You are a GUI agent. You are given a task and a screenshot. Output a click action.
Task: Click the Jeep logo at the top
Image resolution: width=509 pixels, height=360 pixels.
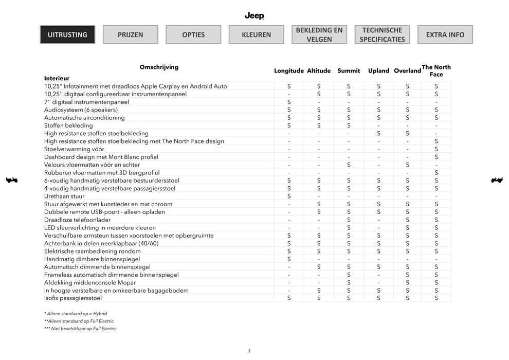coord(254,16)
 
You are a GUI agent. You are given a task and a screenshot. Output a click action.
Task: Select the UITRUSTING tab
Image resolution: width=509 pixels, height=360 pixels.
coord(67,35)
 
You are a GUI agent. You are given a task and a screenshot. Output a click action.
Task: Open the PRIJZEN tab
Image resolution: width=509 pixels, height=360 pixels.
coord(131,35)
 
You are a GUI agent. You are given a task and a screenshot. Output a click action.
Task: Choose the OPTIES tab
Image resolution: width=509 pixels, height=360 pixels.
coord(193,35)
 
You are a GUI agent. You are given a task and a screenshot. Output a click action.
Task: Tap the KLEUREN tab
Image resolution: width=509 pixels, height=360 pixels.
coord(257,35)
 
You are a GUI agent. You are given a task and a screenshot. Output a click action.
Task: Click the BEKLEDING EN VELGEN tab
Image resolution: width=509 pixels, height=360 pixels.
coord(319,34)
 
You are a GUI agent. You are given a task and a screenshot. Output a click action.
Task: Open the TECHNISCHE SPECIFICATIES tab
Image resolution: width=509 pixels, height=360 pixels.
coord(382,34)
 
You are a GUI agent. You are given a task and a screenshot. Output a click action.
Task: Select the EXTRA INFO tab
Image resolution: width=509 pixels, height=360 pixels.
coord(445,35)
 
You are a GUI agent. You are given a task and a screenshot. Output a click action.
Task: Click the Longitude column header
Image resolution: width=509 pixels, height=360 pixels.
coord(289,71)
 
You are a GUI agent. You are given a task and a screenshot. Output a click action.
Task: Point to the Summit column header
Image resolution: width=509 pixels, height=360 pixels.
coord(349,71)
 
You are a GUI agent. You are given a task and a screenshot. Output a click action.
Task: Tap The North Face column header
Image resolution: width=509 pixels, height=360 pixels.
coord(436,71)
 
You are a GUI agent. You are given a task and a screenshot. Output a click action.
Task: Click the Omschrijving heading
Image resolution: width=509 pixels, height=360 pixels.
coord(159,67)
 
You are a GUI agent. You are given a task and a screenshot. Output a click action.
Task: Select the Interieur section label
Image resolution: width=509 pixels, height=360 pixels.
coord(57,78)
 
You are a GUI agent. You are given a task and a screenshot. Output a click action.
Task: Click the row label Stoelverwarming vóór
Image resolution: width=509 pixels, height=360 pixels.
coord(74,149)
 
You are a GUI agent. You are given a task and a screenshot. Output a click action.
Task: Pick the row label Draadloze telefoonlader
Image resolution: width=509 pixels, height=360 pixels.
coord(78,220)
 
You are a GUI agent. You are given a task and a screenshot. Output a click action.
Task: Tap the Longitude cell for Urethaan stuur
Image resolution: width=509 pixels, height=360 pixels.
coord(289,196)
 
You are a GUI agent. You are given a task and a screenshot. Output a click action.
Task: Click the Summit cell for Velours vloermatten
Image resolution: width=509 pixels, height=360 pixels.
coord(349,165)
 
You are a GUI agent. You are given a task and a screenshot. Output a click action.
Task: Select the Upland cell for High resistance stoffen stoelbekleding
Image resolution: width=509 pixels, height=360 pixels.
coord(378,133)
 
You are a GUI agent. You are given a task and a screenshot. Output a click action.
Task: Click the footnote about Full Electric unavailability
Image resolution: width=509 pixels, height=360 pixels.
coord(81,329)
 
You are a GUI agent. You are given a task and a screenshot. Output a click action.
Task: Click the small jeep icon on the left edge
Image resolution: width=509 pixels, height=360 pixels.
coord(11,180)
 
